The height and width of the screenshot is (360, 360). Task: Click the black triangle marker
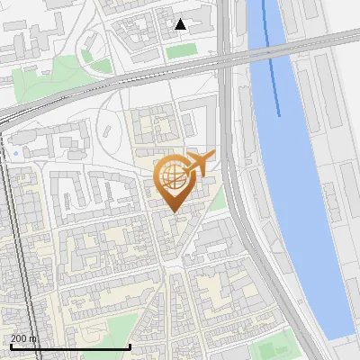181,24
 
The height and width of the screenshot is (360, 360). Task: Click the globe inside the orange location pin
171,175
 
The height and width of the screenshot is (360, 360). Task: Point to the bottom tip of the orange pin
172,211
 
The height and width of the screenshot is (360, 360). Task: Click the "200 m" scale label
24,338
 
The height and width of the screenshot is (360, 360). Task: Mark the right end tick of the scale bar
130,345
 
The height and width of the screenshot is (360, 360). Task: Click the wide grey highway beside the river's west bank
236,180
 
